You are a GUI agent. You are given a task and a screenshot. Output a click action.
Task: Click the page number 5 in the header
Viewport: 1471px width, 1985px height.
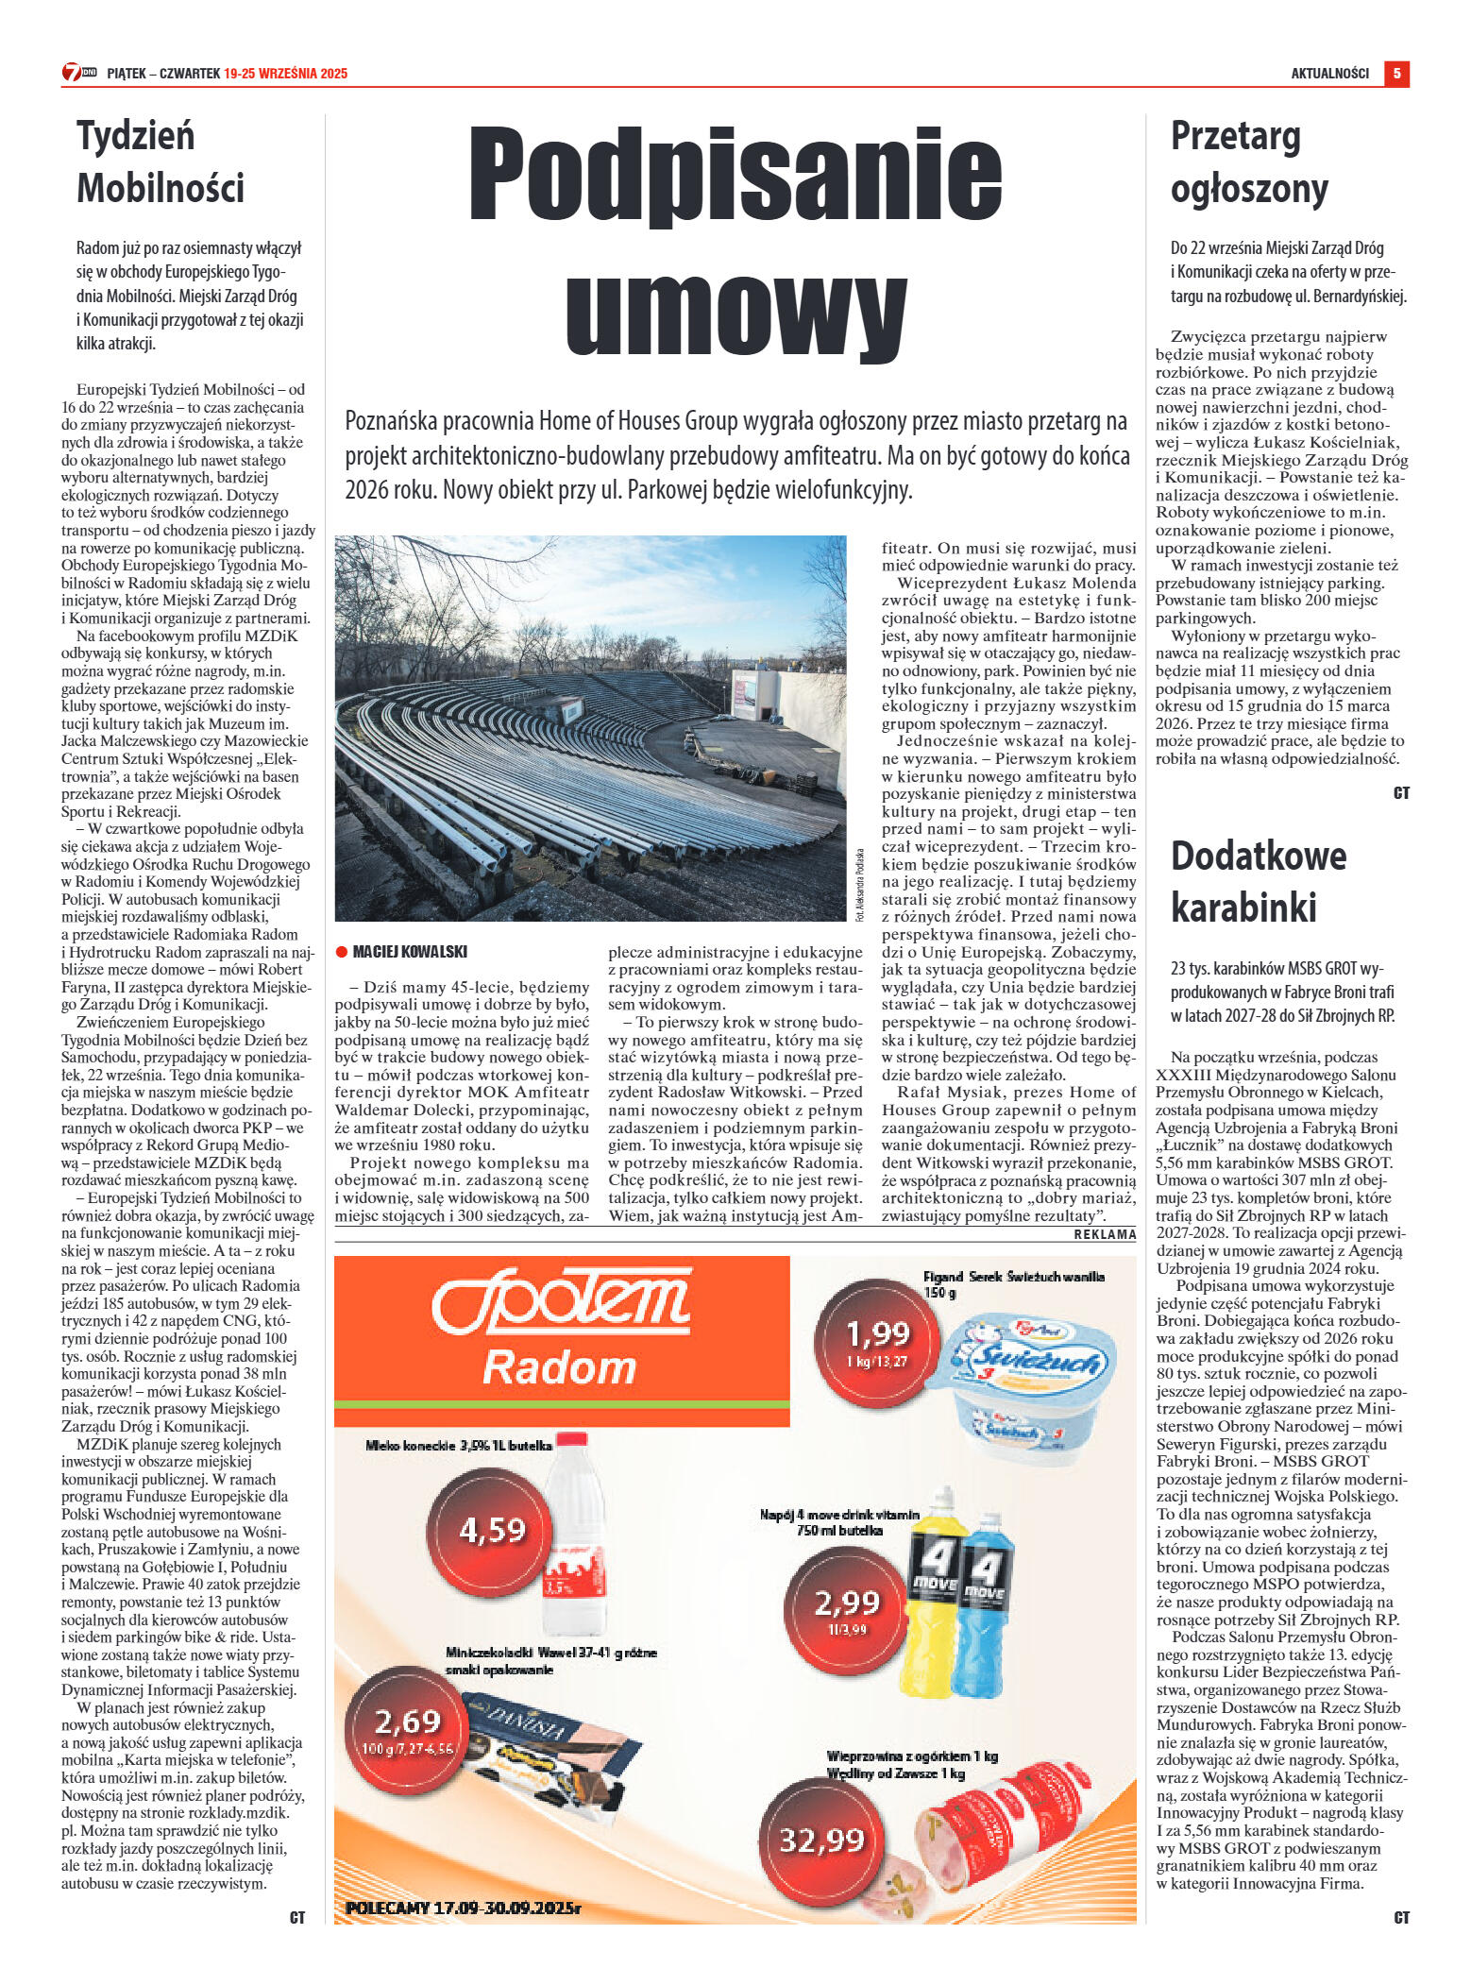click(1396, 73)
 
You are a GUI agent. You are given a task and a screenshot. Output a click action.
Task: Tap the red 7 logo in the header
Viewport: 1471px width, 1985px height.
click(72, 73)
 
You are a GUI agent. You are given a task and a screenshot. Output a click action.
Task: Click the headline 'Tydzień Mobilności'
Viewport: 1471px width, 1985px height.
click(161, 161)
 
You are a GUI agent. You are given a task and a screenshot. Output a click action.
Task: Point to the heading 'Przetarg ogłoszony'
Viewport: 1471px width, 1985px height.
click(1248, 161)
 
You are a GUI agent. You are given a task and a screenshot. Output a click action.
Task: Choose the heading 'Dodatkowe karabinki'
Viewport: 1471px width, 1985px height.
click(1258, 881)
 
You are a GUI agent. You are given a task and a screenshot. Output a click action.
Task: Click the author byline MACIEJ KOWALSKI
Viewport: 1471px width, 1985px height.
click(410, 951)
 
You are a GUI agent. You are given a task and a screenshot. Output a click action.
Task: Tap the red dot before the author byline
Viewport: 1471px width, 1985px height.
click(342, 952)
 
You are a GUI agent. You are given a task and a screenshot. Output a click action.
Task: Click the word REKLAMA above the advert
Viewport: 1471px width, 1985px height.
click(1105, 1234)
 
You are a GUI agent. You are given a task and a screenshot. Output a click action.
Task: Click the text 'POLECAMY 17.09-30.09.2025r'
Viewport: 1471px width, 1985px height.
click(463, 1908)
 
